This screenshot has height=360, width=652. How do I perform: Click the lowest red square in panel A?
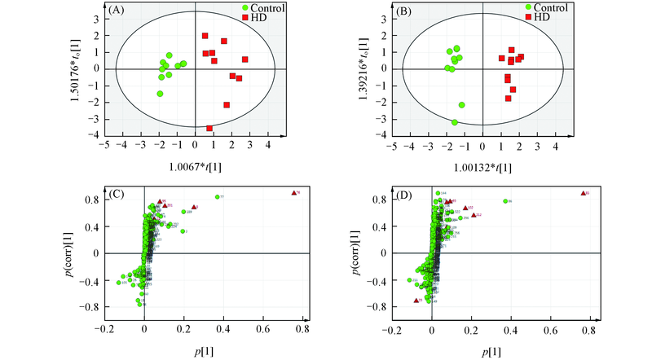click(x=209, y=128)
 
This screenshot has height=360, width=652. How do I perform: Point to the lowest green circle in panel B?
click(x=455, y=122)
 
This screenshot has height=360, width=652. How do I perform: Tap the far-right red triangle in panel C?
click(x=293, y=193)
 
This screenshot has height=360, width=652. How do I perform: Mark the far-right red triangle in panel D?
click(x=583, y=193)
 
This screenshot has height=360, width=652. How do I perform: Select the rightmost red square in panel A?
click(x=244, y=59)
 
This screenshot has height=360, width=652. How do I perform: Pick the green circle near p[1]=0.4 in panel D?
click(x=505, y=201)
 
